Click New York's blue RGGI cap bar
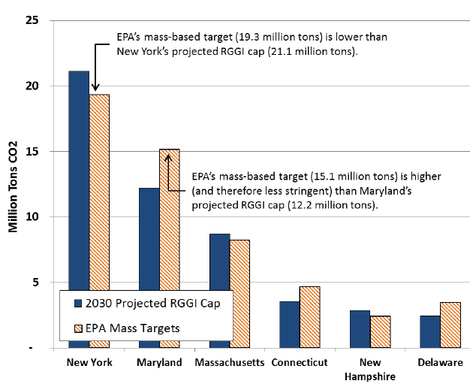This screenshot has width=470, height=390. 79,188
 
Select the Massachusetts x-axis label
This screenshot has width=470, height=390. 229,363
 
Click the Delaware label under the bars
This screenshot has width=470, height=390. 440,363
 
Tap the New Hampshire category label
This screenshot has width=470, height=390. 369,369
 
